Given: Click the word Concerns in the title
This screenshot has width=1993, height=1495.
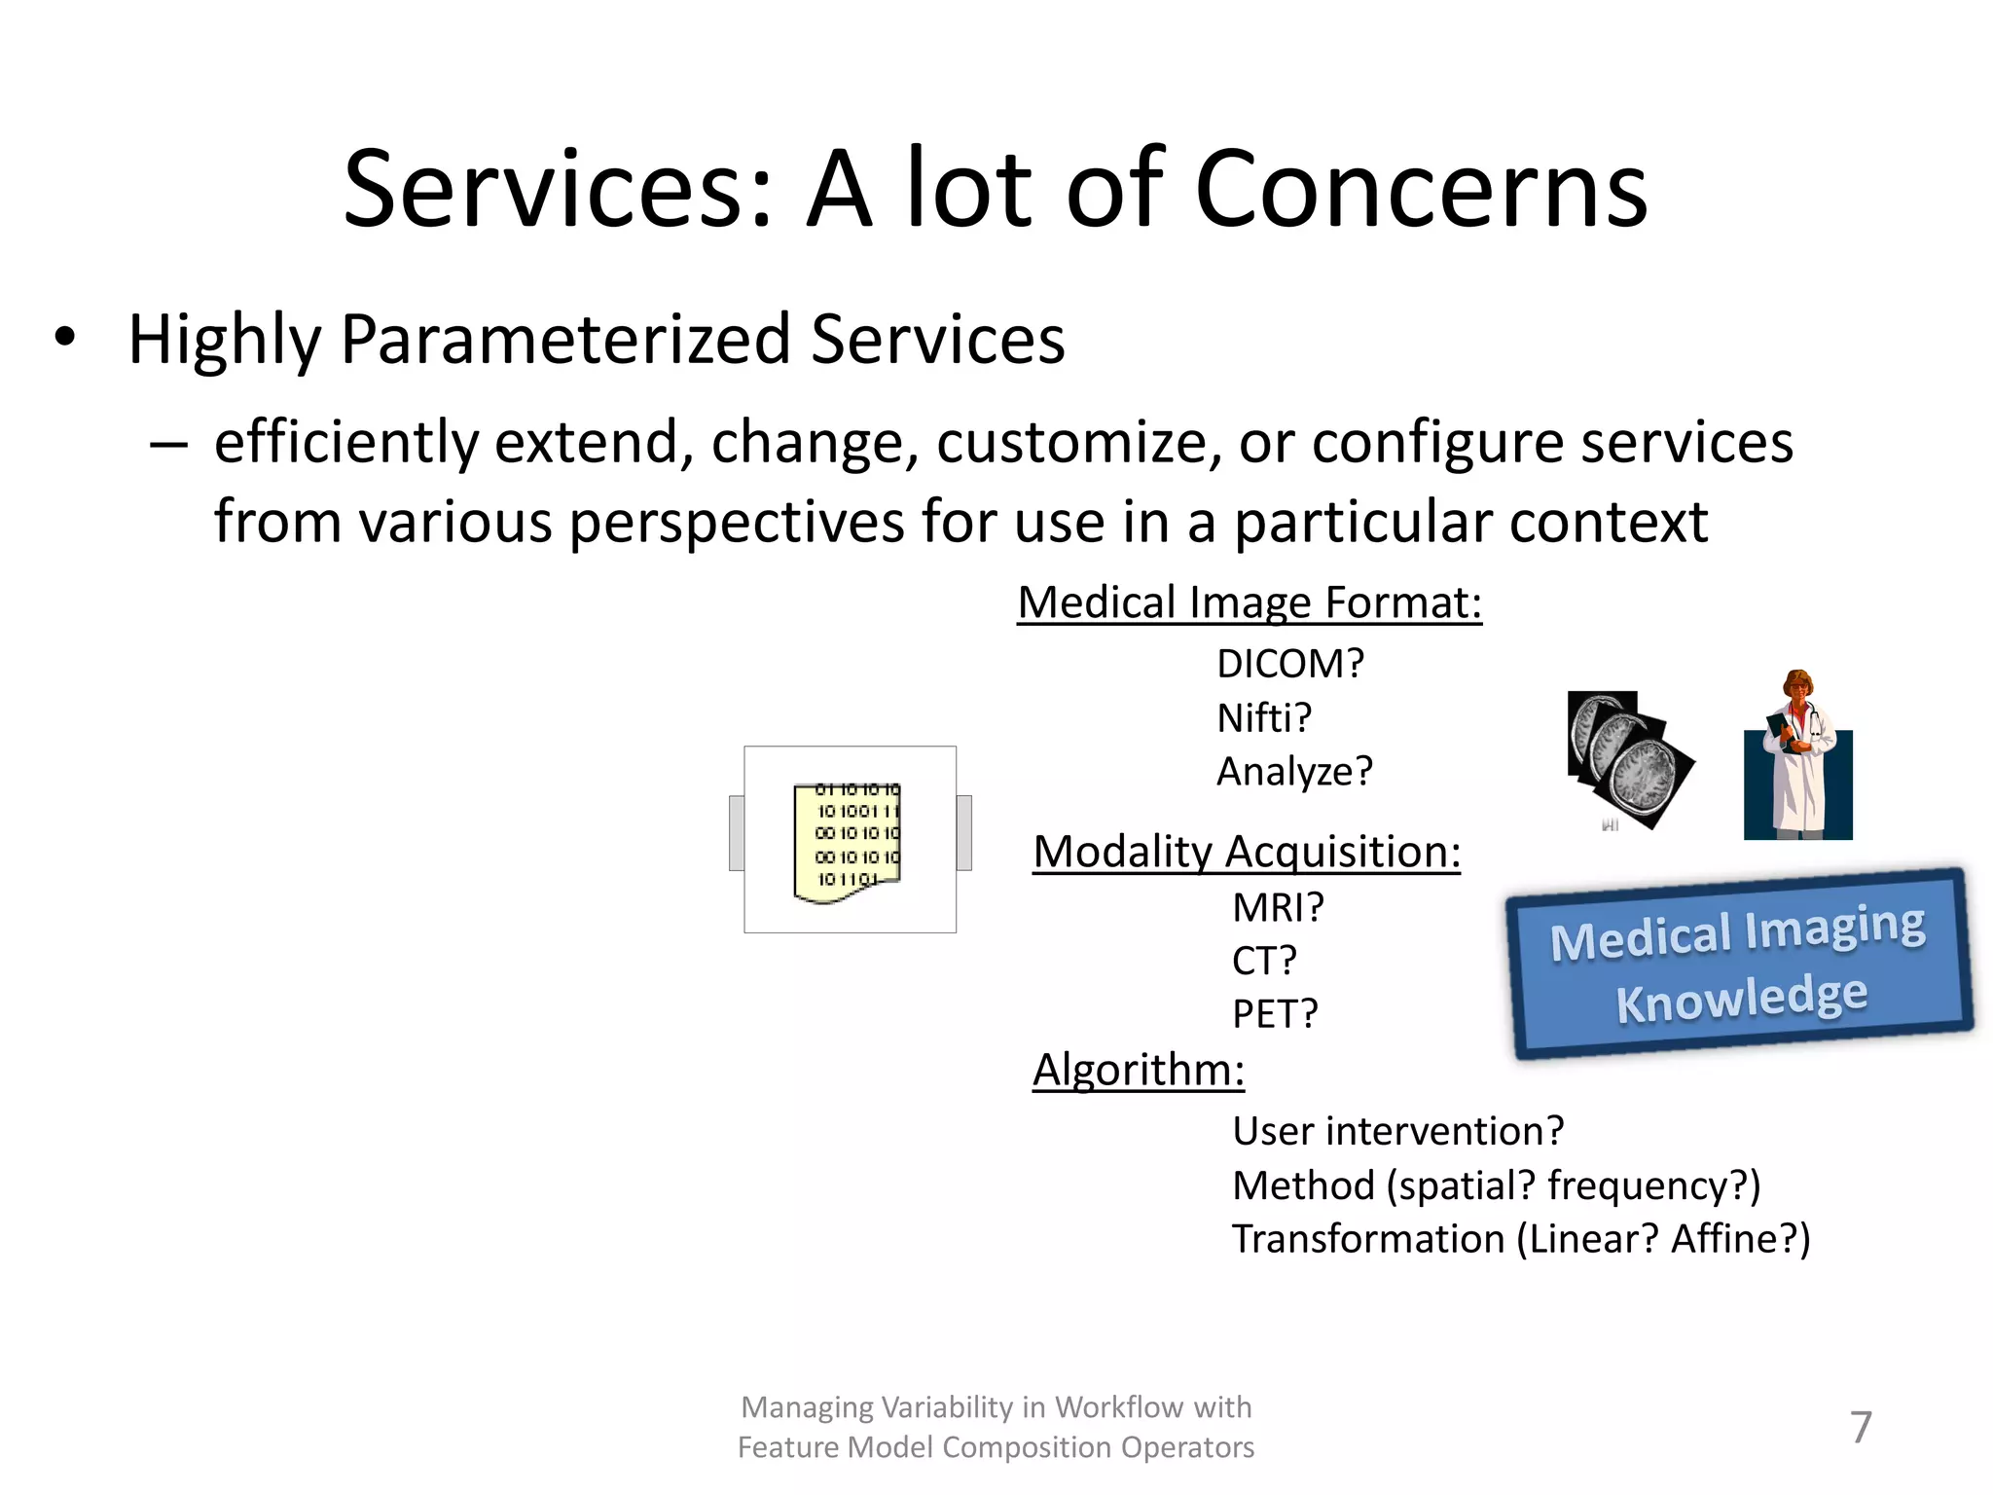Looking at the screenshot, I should click(x=1421, y=190).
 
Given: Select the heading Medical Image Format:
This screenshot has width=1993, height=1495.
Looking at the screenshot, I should click(x=1250, y=602).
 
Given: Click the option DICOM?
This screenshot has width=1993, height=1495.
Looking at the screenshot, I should click(x=1290, y=664).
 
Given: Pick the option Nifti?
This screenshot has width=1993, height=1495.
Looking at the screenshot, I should click(x=1264, y=718).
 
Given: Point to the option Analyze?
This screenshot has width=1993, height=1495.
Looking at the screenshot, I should click(x=1294, y=772).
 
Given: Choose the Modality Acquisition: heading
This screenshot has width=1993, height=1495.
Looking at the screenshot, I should click(x=1247, y=852).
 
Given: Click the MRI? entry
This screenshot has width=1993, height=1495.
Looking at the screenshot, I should click(x=1278, y=907).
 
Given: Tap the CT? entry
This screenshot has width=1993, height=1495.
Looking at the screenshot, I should click(x=1264, y=961).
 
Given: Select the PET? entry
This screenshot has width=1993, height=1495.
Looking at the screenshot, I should click(x=1275, y=1014).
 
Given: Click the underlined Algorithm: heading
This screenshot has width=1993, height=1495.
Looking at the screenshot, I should click(x=1139, y=1070).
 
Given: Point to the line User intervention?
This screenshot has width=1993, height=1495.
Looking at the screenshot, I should click(x=1397, y=1131).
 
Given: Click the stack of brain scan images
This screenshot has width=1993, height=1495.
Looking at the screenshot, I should click(x=1628, y=760).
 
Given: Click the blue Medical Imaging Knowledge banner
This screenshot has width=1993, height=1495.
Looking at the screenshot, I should click(x=1739, y=963).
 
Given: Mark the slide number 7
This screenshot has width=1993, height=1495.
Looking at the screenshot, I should click(x=1860, y=1427).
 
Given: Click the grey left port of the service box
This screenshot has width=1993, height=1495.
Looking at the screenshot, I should click(x=737, y=832).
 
